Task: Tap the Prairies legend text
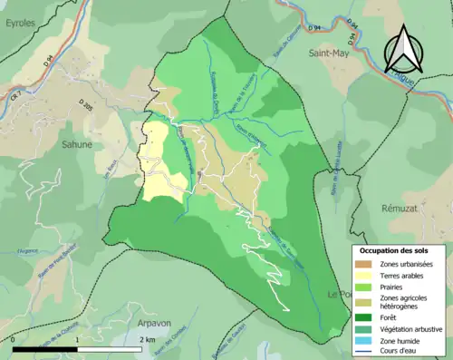397,286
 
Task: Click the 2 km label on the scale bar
147,340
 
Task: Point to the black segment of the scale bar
45,349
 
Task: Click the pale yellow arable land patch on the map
160,168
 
